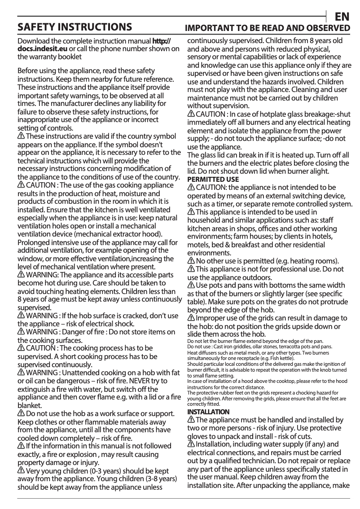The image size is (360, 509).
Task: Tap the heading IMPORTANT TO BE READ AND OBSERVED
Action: [x=268, y=28]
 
